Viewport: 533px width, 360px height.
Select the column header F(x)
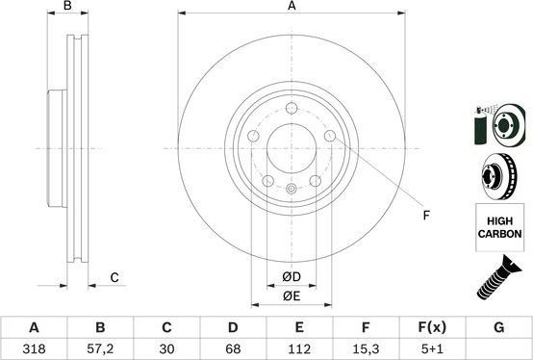point(432,327)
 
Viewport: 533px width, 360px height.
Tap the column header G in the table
point(498,327)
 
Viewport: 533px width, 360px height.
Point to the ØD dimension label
point(292,277)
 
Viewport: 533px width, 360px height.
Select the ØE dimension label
point(292,297)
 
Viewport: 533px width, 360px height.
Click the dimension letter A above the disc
point(292,8)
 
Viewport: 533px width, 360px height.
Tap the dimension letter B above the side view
point(66,8)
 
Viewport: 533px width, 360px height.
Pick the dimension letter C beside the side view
point(114,278)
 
